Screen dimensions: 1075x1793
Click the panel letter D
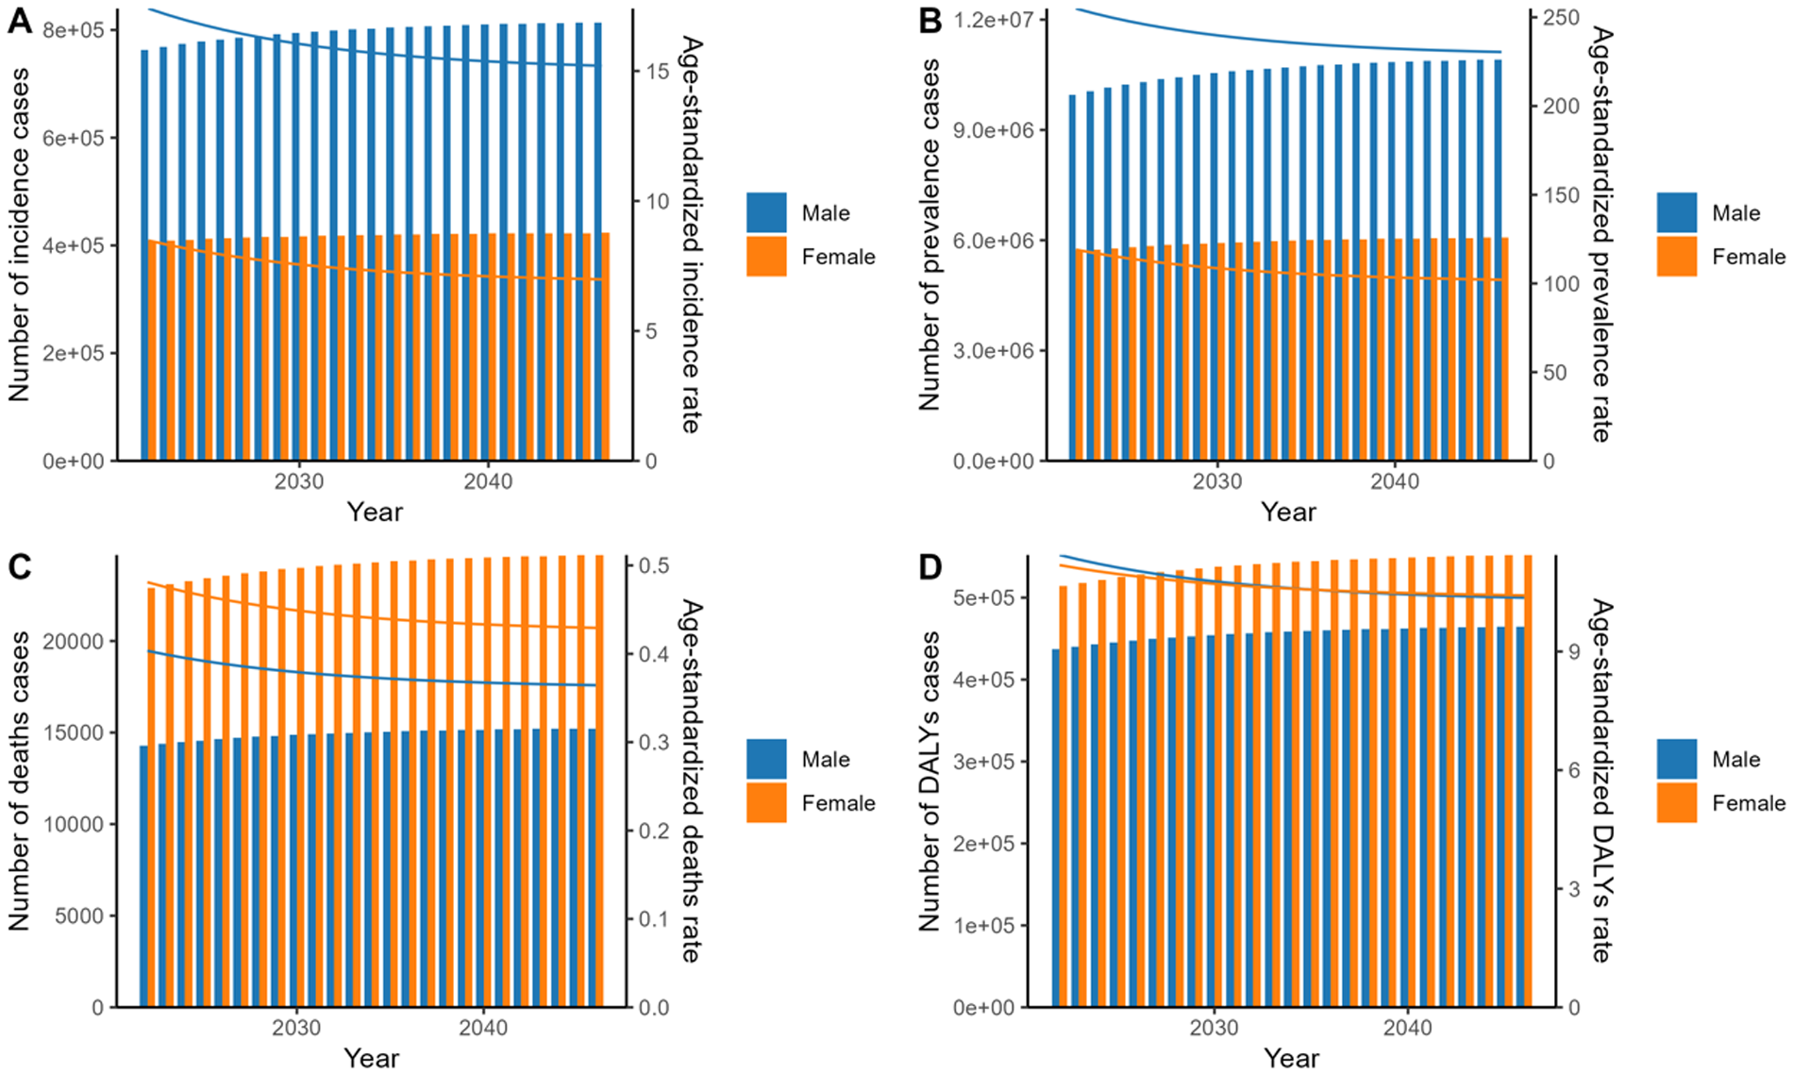[x=930, y=567]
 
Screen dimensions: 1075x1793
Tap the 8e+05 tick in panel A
[x=74, y=30]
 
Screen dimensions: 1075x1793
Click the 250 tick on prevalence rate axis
[x=1561, y=18]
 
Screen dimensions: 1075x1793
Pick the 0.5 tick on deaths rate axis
[x=653, y=564]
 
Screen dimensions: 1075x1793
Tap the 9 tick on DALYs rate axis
[x=1574, y=652]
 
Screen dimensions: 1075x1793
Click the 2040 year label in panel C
[x=483, y=1028]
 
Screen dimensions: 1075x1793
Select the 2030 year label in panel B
[x=1217, y=481]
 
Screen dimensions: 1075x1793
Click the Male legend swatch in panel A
[x=765, y=213]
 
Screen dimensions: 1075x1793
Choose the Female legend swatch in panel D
[x=1676, y=803]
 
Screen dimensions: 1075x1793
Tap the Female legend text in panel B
[x=1749, y=257]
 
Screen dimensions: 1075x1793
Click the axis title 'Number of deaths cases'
[x=19, y=781]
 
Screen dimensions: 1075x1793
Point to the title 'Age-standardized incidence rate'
[x=691, y=235]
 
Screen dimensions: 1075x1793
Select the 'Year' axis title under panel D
[x=1290, y=1058]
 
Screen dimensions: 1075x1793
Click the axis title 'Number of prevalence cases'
[x=930, y=235]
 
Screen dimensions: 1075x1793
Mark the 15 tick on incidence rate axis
[x=657, y=72]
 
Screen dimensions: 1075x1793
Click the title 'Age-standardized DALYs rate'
[x=1600, y=781]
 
